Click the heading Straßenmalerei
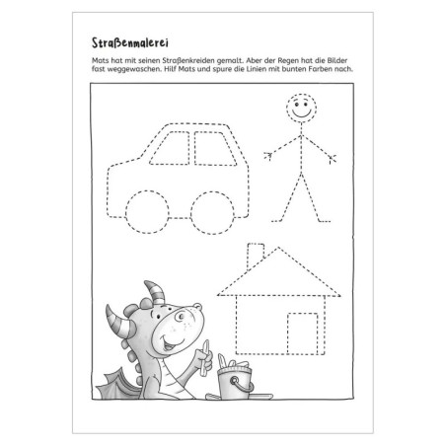(x=118, y=41)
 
